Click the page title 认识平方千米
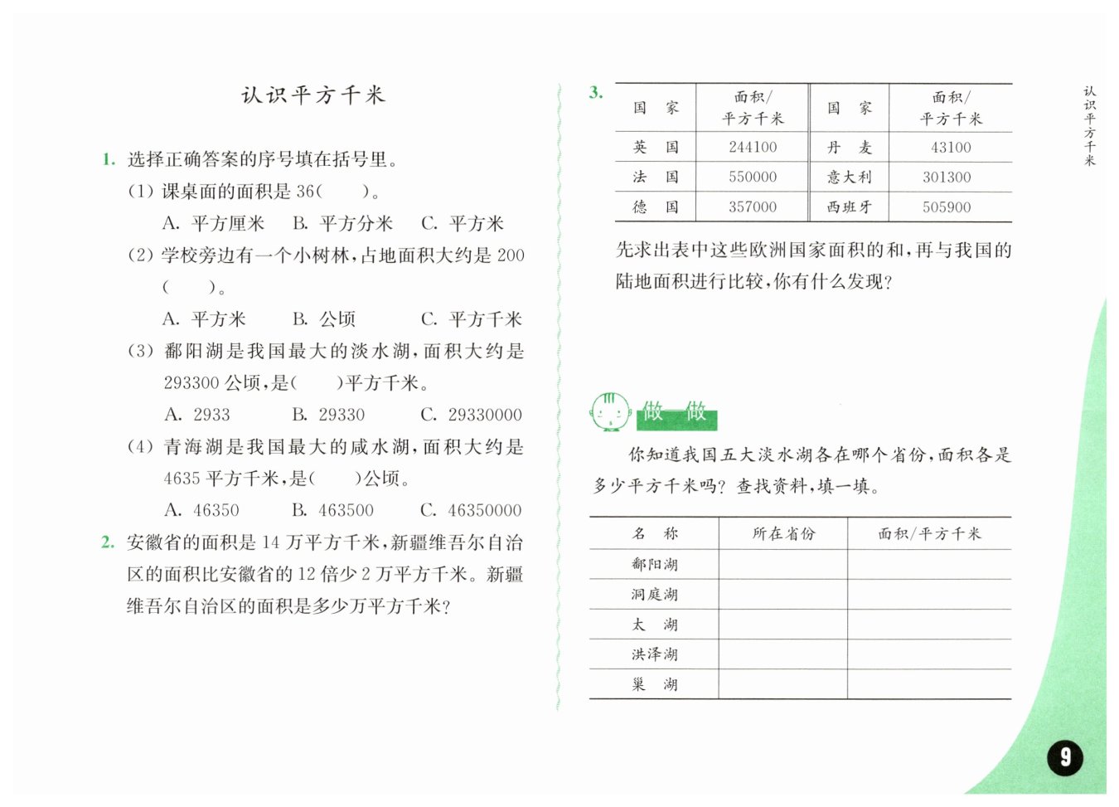coord(313,95)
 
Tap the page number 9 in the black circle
coord(1065,756)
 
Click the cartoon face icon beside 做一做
coord(610,411)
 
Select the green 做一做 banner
coord(676,412)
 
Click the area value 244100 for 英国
coord(753,148)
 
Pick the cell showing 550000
coord(753,177)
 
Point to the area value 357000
coord(753,207)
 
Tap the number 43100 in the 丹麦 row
coord(951,148)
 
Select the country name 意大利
coord(849,177)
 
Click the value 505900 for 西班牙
coord(947,207)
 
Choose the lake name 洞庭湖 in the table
coord(654,595)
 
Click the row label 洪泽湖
coord(654,654)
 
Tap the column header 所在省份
coord(783,534)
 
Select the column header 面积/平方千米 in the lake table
coord(929,534)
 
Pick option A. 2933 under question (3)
coord(197,415)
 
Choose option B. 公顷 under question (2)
coord(324,319)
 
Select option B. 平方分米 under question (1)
coord(342,224)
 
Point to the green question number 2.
coord(107,542)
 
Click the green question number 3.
coord(596,92)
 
